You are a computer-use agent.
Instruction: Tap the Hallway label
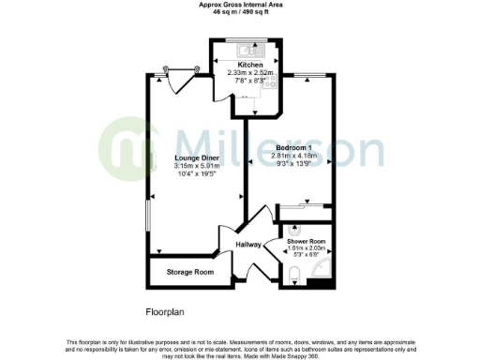click(x=248, y=245)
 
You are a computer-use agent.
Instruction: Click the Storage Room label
click(x=190, y=272)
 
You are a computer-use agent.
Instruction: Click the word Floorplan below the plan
click(x=164, y=310)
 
